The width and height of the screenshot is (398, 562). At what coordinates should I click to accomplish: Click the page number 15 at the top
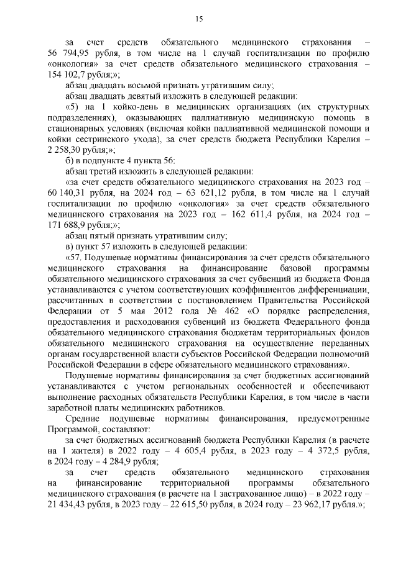tap(199, 20)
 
